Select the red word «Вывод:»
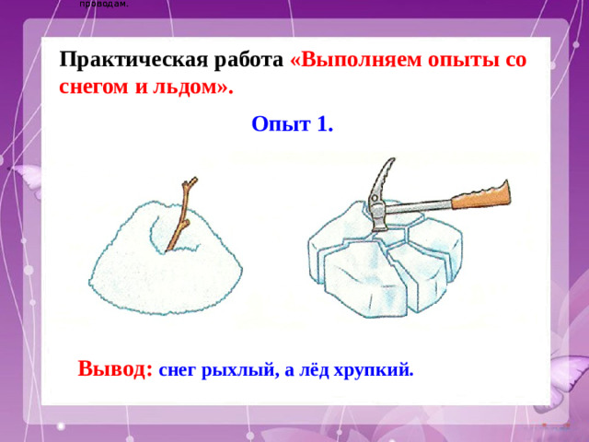tap(115, 368)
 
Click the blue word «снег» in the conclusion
tap(179, 371)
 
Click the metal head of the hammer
tap(377, 198)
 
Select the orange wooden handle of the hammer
tap(479, 195)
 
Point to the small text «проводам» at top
tap(104, 4)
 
